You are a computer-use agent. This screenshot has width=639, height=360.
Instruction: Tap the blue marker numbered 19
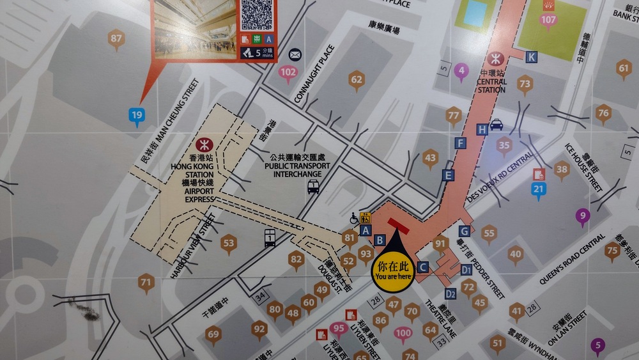click(136, 116)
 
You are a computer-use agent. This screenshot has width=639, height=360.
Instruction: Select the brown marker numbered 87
click(116, 38)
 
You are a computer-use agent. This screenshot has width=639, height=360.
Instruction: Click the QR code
click(256, 14)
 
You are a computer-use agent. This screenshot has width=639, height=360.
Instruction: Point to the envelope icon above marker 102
click(295, 54)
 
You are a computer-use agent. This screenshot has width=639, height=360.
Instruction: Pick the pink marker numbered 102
click(288, 73)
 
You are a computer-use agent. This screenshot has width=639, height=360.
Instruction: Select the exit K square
click(532, 57)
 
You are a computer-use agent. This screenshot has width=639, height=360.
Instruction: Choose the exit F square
click(459, 143)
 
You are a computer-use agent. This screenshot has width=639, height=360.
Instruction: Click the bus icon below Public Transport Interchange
click(313, 187)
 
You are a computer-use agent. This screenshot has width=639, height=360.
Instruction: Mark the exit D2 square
click(450, 294)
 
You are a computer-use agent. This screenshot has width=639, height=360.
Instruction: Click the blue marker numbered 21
click(539, 189)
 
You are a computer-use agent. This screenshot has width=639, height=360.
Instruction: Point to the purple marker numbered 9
click(582, 215)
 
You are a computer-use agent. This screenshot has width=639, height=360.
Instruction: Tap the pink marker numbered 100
click(403, 333)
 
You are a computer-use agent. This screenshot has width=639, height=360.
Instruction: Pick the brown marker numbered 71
click(146, 281)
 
